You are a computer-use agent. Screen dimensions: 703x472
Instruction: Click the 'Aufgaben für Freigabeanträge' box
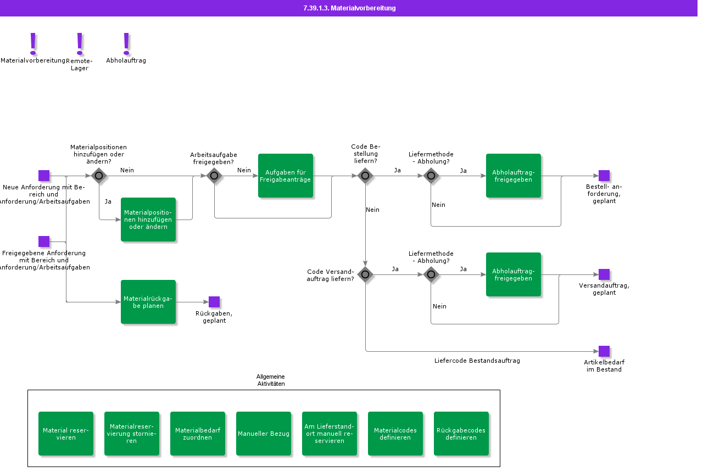285,176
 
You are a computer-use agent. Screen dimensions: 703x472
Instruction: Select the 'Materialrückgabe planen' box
148,302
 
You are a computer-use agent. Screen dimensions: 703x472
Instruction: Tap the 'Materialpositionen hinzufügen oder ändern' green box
148,220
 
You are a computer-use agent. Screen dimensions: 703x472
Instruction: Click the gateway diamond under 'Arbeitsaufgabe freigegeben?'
214,176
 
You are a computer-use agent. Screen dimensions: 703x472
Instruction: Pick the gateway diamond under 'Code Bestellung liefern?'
365,176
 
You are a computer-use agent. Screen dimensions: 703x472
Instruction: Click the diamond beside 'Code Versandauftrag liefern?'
365,275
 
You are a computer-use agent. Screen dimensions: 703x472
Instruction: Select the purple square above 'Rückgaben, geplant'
214,302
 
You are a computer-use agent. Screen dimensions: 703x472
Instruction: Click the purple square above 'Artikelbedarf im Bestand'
604,351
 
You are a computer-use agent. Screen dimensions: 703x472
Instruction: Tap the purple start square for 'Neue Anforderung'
44,176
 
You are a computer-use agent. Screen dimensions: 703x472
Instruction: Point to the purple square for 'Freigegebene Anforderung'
44,241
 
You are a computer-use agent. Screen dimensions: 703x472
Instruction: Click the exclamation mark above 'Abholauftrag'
126,44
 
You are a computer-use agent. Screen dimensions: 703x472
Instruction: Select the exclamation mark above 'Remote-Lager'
80,44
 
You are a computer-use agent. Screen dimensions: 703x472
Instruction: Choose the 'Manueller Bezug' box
263,434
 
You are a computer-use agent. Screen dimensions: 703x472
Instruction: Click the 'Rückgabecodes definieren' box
461,434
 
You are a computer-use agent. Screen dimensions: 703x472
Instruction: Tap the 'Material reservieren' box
66,434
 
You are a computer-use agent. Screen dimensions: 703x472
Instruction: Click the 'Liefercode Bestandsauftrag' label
477,361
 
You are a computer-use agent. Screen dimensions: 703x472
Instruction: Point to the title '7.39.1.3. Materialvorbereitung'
349,8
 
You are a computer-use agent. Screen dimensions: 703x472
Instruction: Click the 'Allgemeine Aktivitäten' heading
271,380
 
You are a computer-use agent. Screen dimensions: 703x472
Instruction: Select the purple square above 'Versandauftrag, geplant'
604,274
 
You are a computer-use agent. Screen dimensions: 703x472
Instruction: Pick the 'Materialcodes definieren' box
395,434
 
